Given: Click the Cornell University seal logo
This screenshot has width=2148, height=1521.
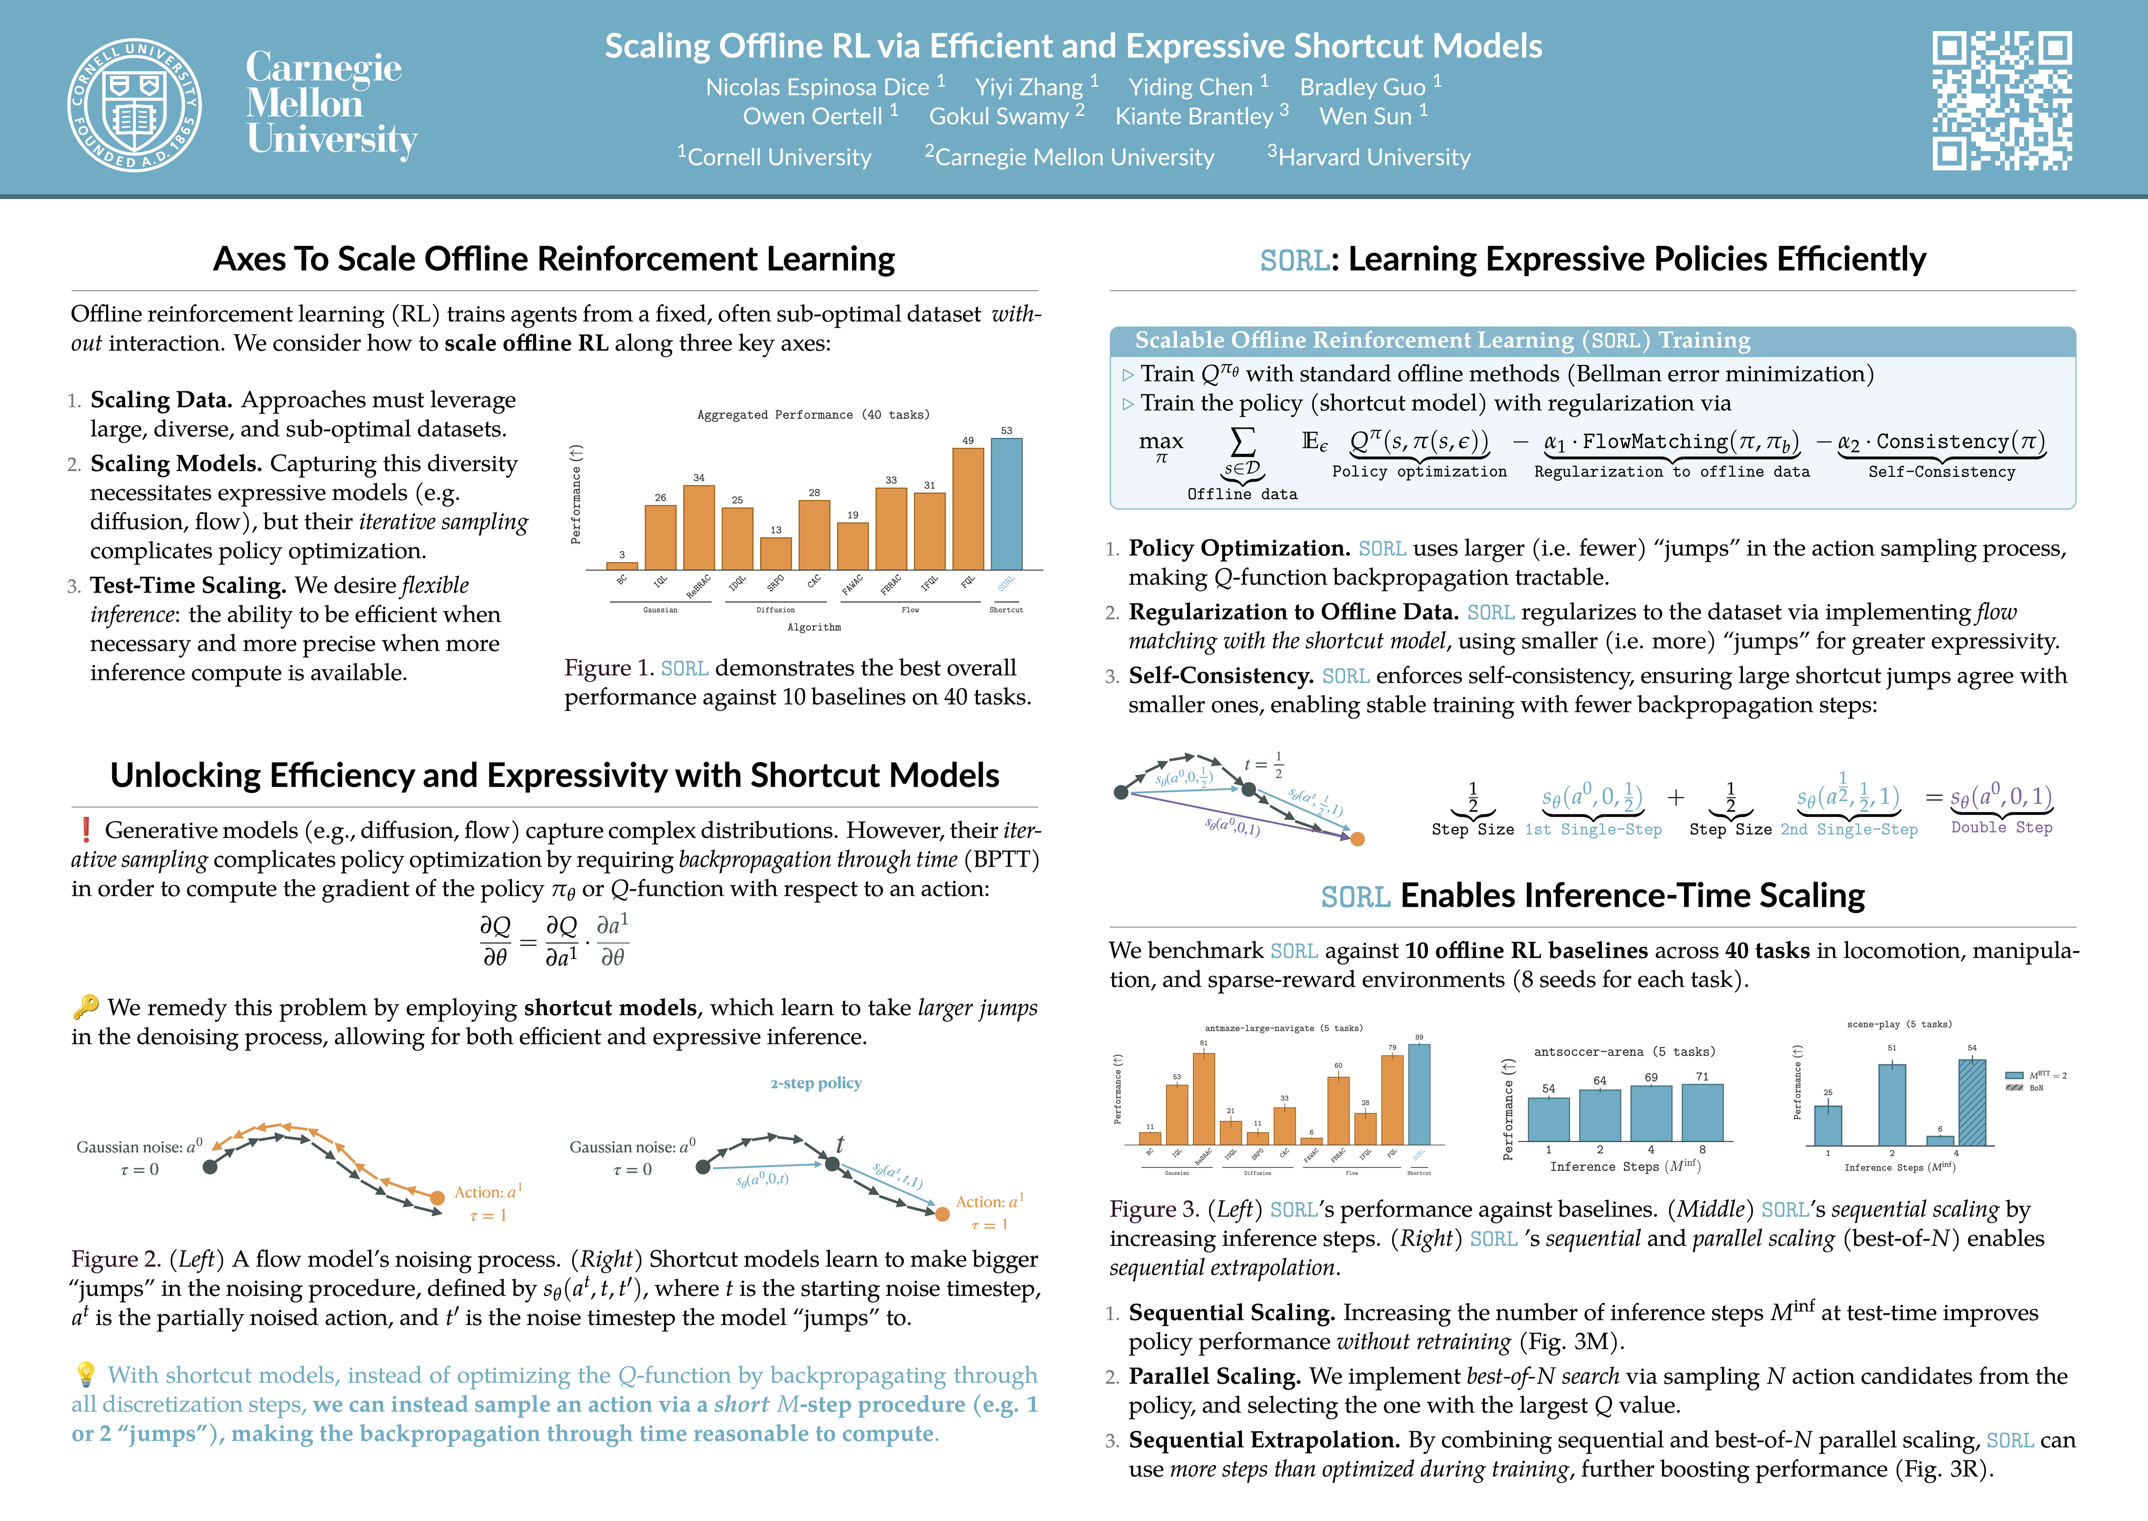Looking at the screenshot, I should tap(134, 105).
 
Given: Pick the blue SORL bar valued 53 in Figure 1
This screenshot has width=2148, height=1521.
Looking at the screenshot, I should tap(1006, 504).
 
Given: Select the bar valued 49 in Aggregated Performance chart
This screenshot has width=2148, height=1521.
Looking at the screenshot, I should tap(968, 509).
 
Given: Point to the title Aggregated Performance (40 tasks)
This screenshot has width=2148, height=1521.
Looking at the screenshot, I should tap(813, 415).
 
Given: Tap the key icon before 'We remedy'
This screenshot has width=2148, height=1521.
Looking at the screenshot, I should tap(85, 1007).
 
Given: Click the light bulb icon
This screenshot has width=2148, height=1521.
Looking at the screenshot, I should tap(85, 1374).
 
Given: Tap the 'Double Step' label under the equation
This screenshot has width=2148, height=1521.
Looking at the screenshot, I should tap(2001, 828).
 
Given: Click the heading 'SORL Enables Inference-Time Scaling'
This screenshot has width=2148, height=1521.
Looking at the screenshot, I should tap(1592, 896).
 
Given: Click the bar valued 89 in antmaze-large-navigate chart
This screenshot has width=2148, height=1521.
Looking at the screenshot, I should tap(1419, 1094).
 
